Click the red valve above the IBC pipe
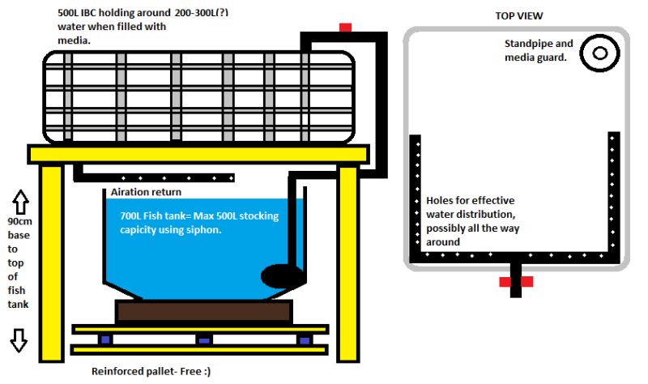[x=345, y=28]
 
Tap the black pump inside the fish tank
[x=282, y=276]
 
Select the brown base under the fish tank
[x=204, y=311]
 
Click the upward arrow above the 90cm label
[x=20, y=202]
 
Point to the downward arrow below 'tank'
[x=19, y=340]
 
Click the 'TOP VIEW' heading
[x=519, y=16]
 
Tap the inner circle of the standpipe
[x=599, y=53]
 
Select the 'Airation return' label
[x=146, y=192]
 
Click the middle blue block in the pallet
[x=204, y=340]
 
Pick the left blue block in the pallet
[x=105, y=339]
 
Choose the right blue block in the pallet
[x=305, y=340]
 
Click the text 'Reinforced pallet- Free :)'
[x=151, y=371]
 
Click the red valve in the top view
[x=516, y=282]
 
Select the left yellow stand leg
[x=52, y=263]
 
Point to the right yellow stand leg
[x=348, y=264]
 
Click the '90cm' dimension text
[x=19, y=221]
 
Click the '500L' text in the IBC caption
[x=68, y=13]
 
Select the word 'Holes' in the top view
[x=440, y=200]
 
